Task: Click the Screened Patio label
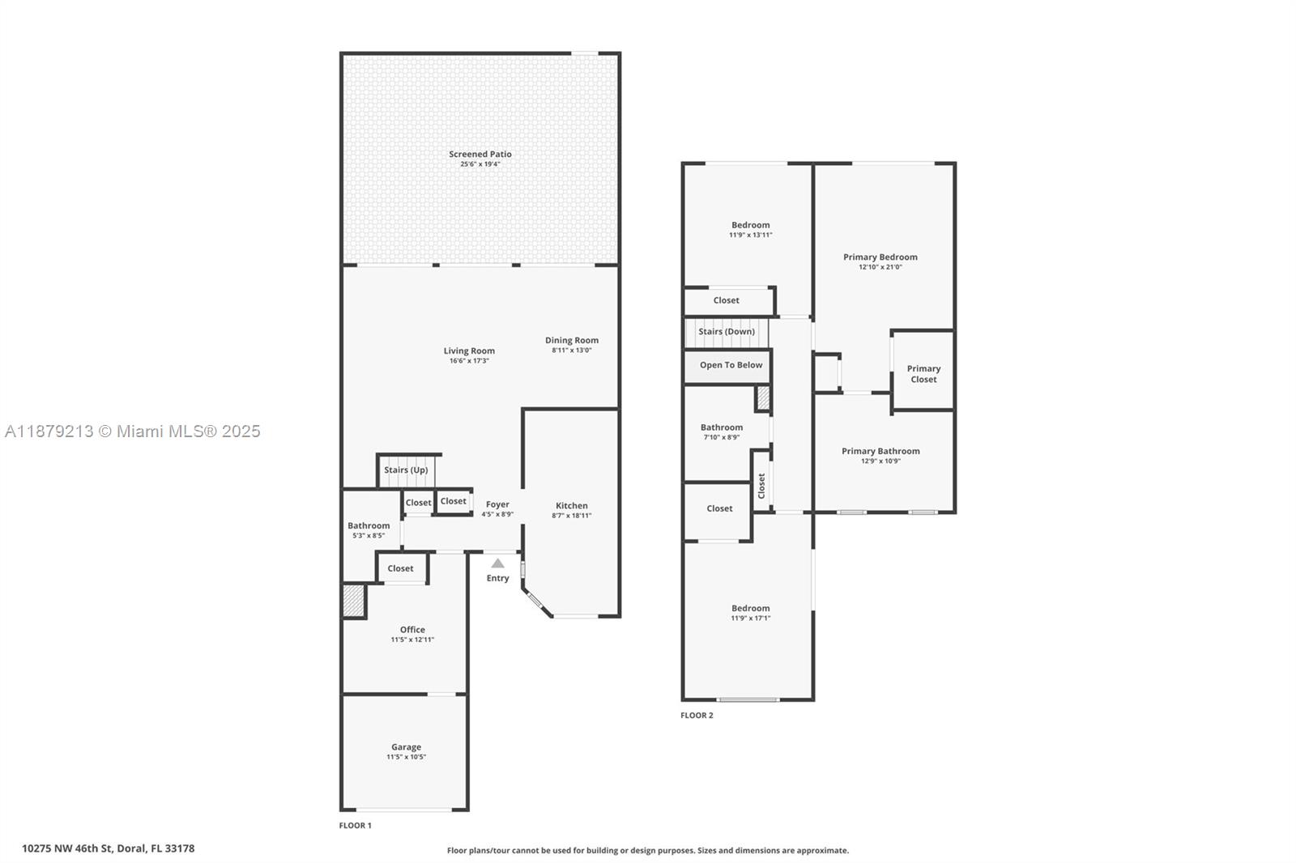click(x=480, y=154)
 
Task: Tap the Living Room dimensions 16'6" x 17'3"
click(x=469, y=361)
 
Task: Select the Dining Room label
click(x=571, y=340)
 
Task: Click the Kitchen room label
click(x=571, y=505)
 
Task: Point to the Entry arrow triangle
click(x=497, y=563)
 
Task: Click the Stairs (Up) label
click(x=406, y=470)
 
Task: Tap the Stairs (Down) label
click(x=727, y=331)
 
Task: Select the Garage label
click(x=406, y=747)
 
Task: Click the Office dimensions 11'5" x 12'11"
click(x=412, y=640)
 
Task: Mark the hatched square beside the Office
click(x=353, y=601)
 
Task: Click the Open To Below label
click(x=731, y=365)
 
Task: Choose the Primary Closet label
click(x=923, y=374)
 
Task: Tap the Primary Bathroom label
click(x=880, y=451)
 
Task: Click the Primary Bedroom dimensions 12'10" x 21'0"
click(x=880, y=267)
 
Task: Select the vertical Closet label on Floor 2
click(x=761, y=486)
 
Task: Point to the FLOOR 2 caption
click(x=697, y=716)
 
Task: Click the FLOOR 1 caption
click(x=355, y=826)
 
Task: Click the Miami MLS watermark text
click(x=133, y=431)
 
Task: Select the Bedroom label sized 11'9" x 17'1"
click(x=750, y=608)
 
